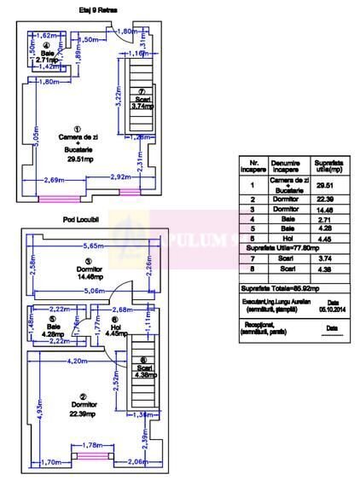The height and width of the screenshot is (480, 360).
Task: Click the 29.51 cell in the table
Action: pos(324,185)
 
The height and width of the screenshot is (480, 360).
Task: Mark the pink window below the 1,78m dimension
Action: pos(92,455)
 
